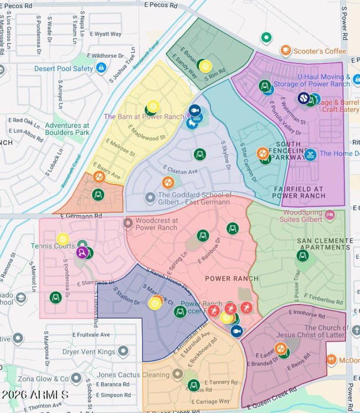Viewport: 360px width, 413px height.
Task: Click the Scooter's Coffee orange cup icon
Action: pyautogui.click(x=285, y=50)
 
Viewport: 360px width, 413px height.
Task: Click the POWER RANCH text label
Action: pyautogui.click(x=232, y=278)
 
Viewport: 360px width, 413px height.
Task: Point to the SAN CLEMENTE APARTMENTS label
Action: pyautogui.click(x=325, y=244)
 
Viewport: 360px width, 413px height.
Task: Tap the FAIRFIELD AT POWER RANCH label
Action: pyautogui.click(x=299, y=192)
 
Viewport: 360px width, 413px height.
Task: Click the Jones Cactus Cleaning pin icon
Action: pyautogui.click(x=178, y=374)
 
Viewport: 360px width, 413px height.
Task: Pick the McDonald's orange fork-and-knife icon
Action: pyautogui.click(x=332, y=360)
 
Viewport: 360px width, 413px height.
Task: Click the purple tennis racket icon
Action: pyautogui.click(x=81, y=252)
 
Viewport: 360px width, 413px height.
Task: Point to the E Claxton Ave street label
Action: pyautogui.click(x=180, y=171)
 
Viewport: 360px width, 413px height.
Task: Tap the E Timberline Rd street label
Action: pyautogui.click(x=324, y=299)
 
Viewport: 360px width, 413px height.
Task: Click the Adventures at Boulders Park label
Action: pyautogui.click(x=67, y=129)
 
